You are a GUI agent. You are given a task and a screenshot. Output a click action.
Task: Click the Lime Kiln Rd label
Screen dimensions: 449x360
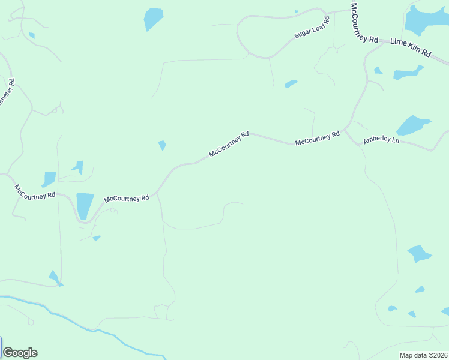tap(411, 47)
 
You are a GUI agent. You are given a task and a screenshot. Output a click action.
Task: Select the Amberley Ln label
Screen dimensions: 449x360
tap(381, 140)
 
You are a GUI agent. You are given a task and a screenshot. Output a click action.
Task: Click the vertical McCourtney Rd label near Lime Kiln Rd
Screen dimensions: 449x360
tap(364, 23)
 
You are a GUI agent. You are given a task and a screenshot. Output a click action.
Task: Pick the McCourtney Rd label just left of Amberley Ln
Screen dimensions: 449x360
tap(317, 139)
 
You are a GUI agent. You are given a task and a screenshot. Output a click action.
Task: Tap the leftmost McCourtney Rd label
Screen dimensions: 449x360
tap(35, 191)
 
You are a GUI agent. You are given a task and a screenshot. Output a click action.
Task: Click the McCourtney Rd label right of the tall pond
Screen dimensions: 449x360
tap(126, 199)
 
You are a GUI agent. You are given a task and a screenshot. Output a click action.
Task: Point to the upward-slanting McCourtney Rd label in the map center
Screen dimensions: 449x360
tap(229, 145)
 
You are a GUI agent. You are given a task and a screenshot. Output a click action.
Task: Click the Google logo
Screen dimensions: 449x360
tap(20, 353)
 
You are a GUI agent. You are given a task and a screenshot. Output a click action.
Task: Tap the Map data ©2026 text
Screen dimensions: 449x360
tap(424, 355)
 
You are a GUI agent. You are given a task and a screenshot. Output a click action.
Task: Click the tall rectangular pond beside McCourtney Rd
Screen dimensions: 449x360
tap(85, 205)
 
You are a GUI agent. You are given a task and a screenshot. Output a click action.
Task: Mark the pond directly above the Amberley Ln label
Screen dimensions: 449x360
tap(412, 125)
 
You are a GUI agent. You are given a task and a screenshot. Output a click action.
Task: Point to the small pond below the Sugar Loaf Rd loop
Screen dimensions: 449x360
tap(291, 84)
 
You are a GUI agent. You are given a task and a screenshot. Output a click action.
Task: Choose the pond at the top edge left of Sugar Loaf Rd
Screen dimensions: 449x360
tap(153, 19)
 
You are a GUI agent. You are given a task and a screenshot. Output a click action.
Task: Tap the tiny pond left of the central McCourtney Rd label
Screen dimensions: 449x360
tap(162, 146)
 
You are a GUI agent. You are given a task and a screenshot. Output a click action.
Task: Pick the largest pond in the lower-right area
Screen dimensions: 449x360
tap(419, 253)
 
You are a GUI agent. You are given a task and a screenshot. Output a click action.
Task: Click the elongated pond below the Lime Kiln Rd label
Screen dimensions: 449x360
tap(407, 74)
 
